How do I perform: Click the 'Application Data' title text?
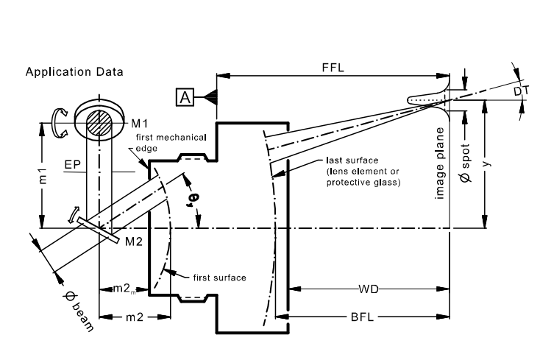pos(74,72)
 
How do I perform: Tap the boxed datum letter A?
pos(185,97)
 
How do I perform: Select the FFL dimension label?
pos(333,68)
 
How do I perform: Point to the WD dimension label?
pos(369,289)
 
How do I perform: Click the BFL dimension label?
pos(362,317)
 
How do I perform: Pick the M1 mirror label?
pos(140,124)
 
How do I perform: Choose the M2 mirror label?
pos(134,241)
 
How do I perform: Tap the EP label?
pos(72,165)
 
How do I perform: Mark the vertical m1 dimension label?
pos(43,175)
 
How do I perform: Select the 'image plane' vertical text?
pos(440,163)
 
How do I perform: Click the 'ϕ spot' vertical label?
pos(465,163)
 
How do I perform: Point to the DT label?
pos(521,91)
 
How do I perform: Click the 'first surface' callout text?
pos(220,278)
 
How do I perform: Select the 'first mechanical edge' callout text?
pos(171,143)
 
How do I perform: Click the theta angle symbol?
pos(193,199)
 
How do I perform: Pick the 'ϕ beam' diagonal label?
pos(79,311)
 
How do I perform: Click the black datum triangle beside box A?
pos(210,97)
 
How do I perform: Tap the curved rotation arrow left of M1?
pos(59,122)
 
